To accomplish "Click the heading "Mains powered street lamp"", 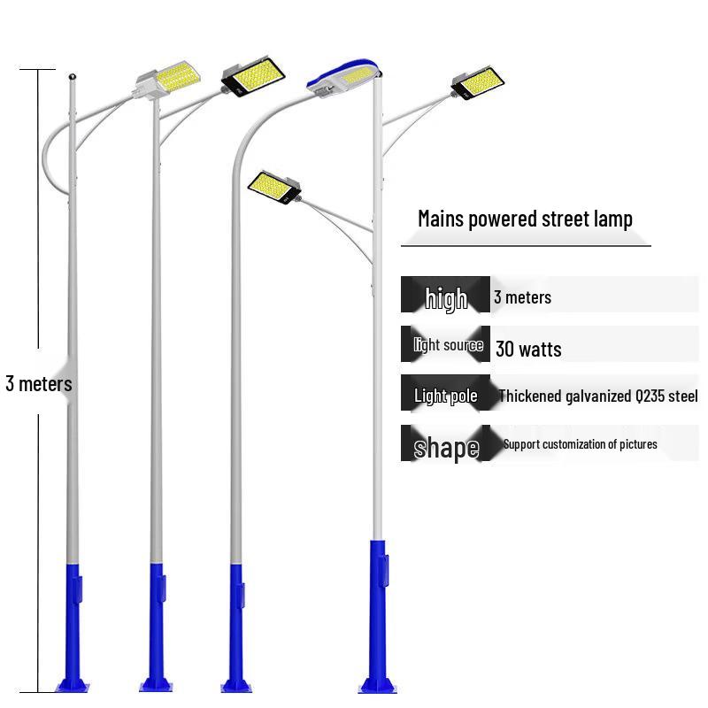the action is (525, 219).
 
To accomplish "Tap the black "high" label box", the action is (445, 295).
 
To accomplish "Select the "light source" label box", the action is (445, 344).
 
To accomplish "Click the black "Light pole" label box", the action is (445, 393).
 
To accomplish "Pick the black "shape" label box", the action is (445, 443).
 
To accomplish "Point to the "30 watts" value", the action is (528, 349).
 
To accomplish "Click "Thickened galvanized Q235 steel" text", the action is (598, 396).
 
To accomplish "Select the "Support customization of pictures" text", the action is (581, 444).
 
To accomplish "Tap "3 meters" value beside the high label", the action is (522, 297).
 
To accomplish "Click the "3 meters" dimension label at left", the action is (39, 384).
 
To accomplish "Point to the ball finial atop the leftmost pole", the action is (73, 77).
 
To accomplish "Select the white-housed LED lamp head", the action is (168, 80).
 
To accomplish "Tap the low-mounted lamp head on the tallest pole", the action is (274, 187).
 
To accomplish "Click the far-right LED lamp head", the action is (478, 82).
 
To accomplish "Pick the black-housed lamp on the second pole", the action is (253, 76).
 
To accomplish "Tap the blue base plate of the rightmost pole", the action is (378, 686).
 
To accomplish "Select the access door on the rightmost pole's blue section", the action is (385, 571).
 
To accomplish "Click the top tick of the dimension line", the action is (37, 70).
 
